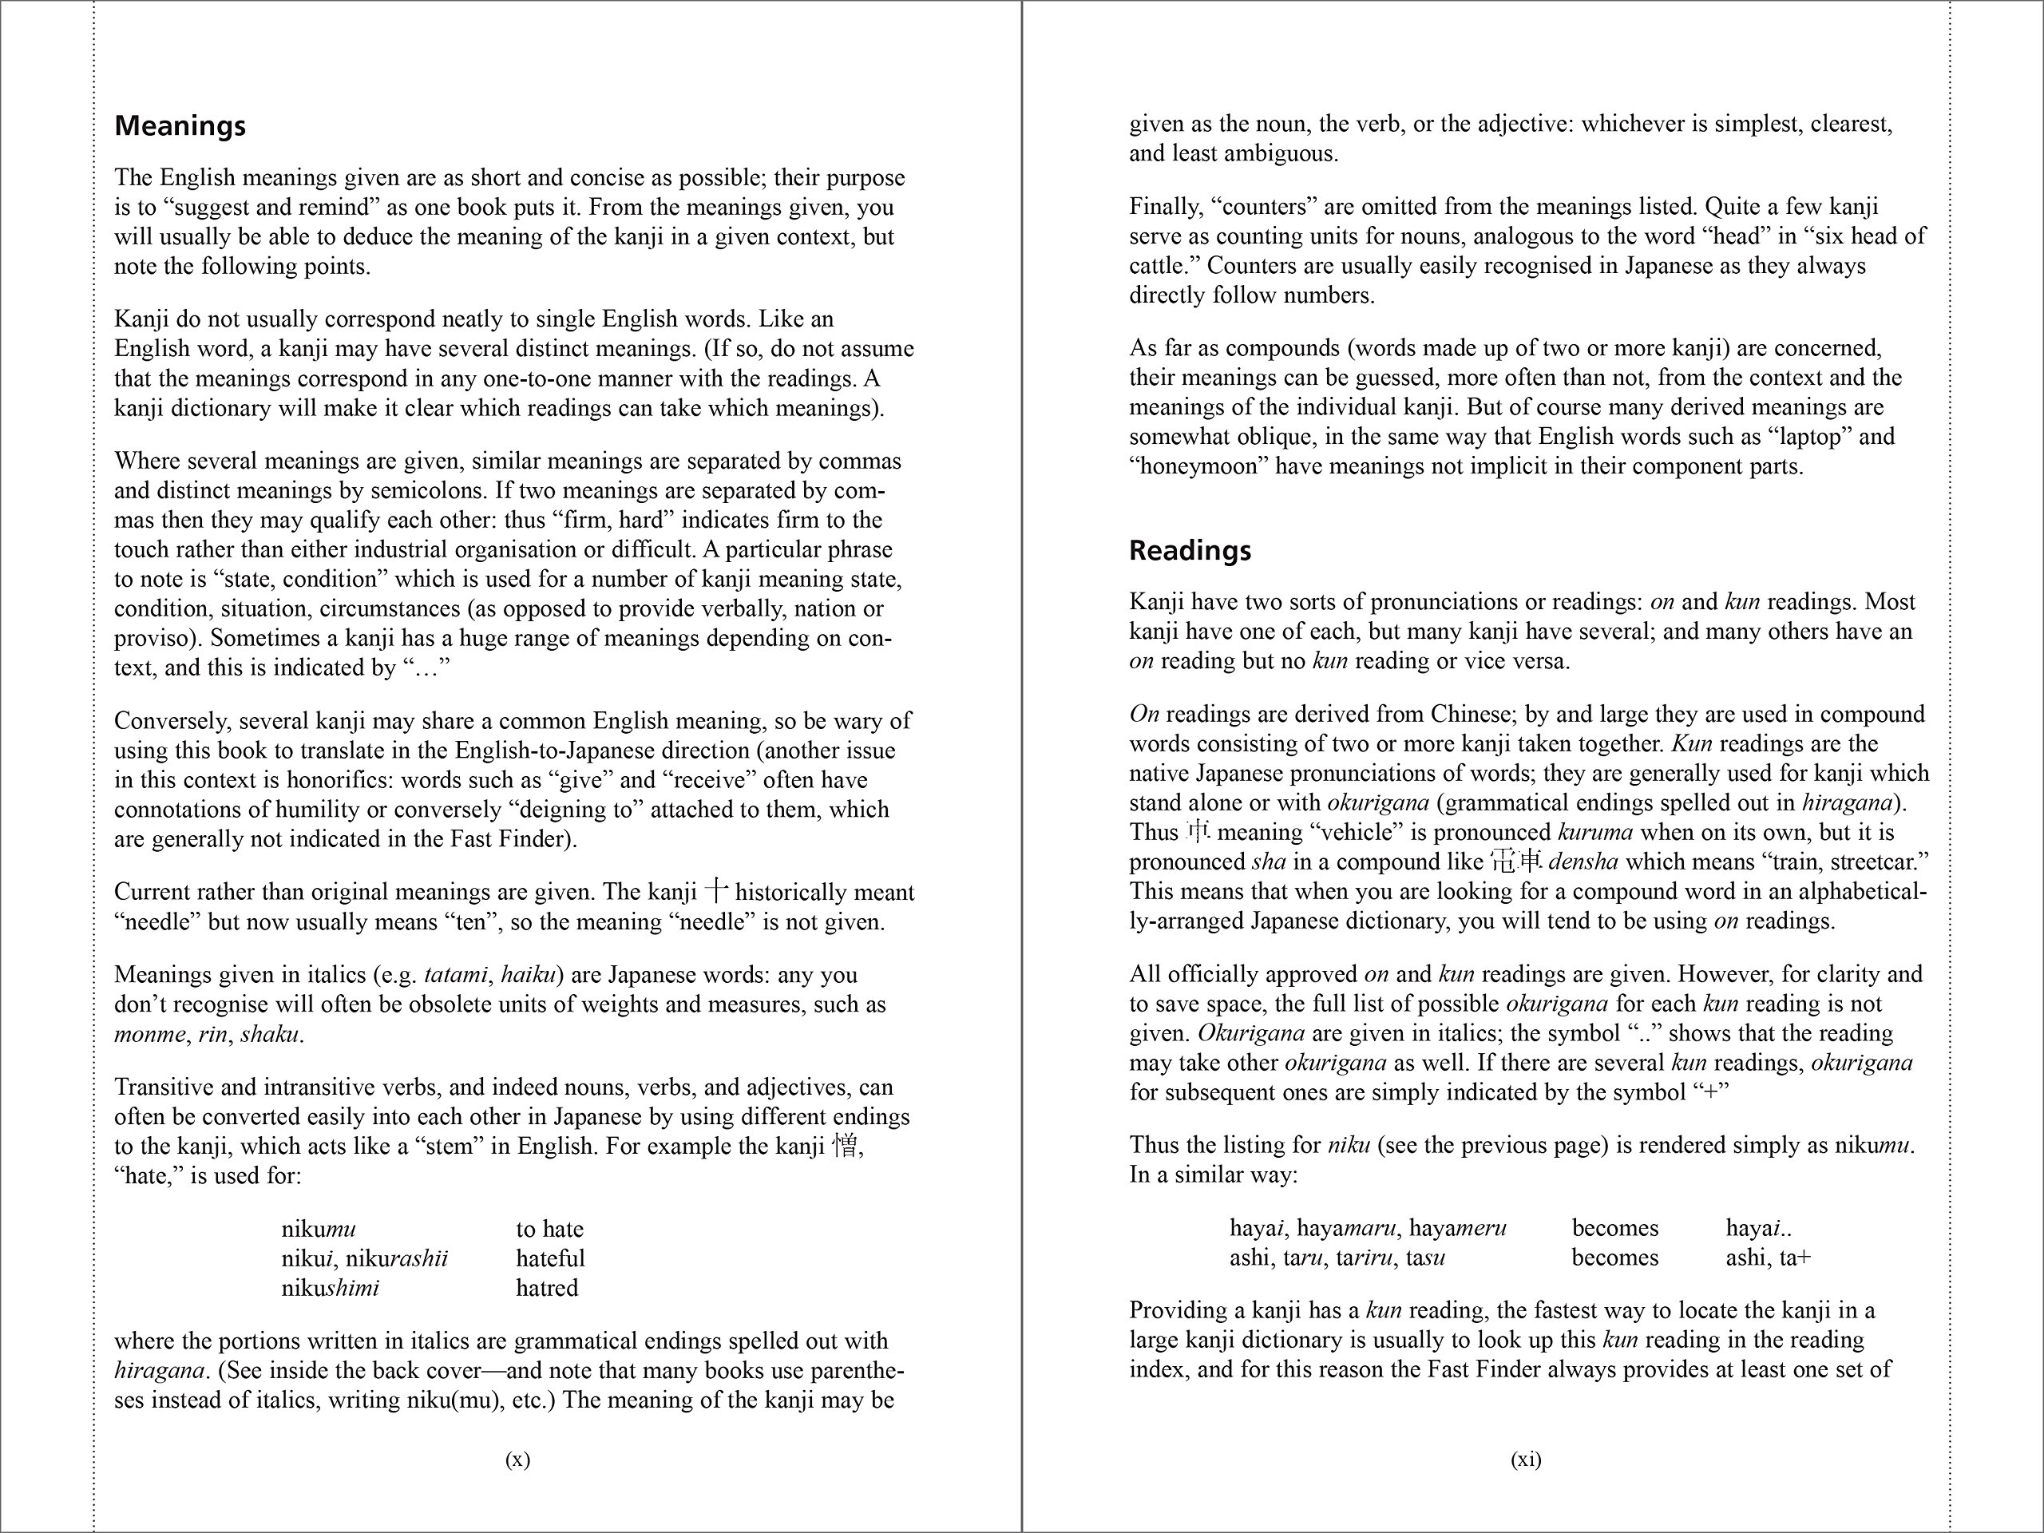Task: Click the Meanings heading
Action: coord(180,125)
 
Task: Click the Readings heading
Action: coord(1190,551)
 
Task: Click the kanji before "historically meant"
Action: coord(716,891)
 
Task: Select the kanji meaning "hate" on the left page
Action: coord(845,1146)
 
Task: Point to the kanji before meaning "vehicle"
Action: coord(1198,832)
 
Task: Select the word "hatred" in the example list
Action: coord(547,1288)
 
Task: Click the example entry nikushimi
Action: coord(330,1288)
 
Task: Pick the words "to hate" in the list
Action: coord(550,1229)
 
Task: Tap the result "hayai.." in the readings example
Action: coord(1760,1228)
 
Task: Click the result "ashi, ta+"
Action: coord(1768,1258)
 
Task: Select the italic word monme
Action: coord(149,1034)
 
